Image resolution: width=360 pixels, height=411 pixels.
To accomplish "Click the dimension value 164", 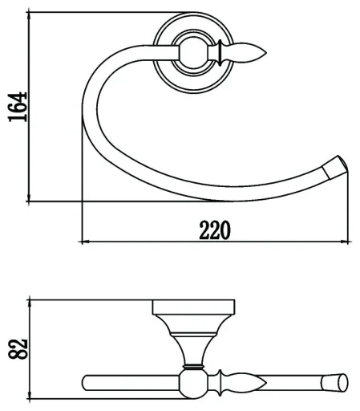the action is [x=18, y=107].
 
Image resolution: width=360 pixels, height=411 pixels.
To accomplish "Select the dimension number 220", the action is [x=215, y=230].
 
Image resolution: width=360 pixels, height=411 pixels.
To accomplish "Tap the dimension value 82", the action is [x=18, y=348].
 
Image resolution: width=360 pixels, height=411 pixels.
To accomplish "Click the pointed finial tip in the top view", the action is [x=265, y=53].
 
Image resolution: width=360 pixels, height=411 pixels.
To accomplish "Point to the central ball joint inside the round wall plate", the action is [x=192, y=53].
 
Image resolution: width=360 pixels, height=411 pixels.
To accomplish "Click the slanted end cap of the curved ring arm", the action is [x=335, y=167].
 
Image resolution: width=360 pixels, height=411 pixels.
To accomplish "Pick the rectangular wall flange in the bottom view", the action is [x=193, y=307].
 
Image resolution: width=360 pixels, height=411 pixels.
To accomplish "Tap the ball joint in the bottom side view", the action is [x=192, y=383].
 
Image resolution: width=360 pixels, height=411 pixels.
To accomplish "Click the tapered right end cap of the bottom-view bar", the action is [x=334, y=383].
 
